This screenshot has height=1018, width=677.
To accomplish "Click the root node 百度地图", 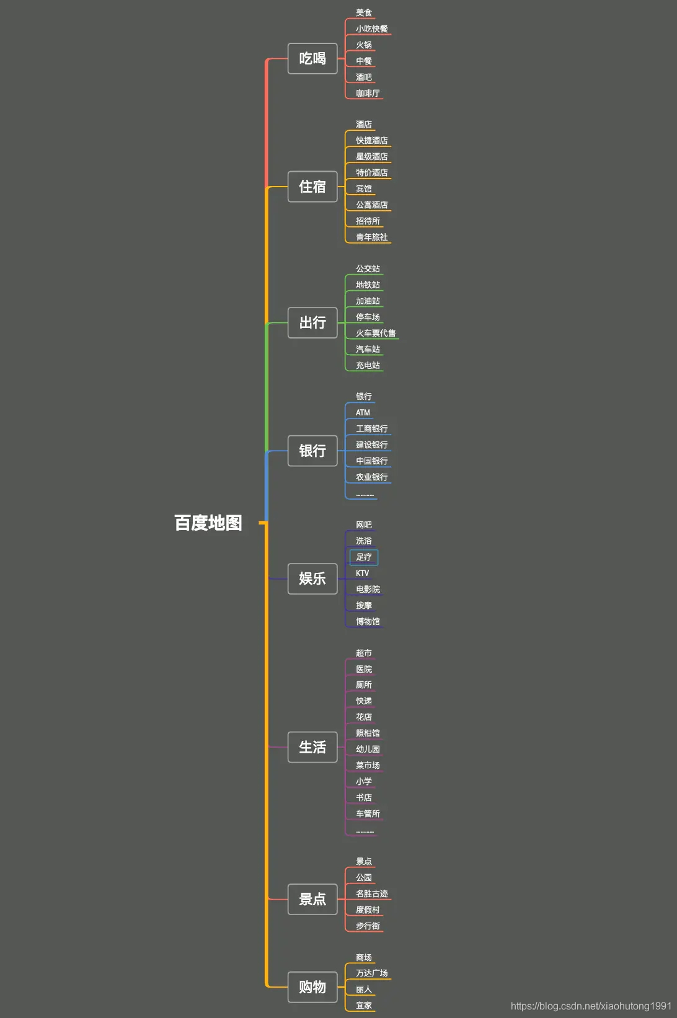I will (x=208, y=523).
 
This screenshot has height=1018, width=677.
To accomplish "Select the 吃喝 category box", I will (x=312, y=59).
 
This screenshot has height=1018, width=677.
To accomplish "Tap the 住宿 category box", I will (x=312, y=187).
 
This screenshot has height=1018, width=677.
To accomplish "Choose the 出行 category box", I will (x=312, y=322).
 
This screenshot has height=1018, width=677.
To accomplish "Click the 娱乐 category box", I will (x=312, y=578).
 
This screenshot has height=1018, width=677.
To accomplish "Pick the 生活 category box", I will (x=312, y=747).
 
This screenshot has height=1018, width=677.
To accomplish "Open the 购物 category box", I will (x=312, y=987).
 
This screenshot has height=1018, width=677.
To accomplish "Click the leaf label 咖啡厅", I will (x=368, y=93).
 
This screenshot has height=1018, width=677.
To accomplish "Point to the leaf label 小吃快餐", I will (x=371, y=29).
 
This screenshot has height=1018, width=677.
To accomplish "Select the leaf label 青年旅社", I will (x=371, y=237).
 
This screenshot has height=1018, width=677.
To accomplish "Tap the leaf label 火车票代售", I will (x=375, y=333).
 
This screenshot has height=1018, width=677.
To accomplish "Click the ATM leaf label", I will (x=363, y=412).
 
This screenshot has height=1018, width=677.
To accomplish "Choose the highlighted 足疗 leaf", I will (x=364, y=557).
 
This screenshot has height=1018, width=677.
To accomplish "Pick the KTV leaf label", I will (x=363, y=573).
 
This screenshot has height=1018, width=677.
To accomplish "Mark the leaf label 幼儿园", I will (x=368, y=749).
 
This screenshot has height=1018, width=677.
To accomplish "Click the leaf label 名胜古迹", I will (x=371, y=893).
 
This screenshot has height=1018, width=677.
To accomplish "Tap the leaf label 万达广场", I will (x=371, y=973).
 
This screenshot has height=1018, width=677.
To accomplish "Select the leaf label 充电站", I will (x=368, y=365).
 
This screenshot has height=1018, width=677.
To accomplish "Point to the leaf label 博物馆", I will (x=368, y=621).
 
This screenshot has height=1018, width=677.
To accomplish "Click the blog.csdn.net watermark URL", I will (x=591, y=1006).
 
